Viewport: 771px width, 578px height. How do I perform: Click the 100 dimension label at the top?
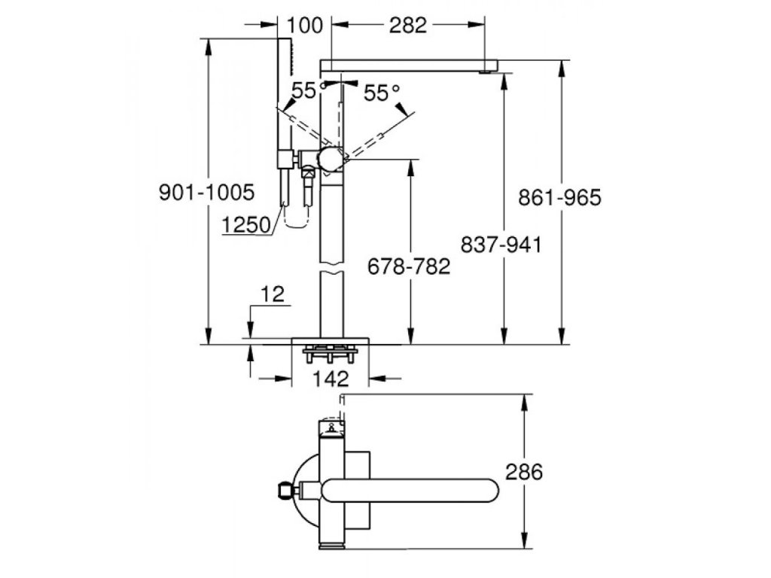[305, 25]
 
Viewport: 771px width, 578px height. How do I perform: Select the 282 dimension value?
[407, 25]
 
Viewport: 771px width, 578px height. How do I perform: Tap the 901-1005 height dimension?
[207, 192]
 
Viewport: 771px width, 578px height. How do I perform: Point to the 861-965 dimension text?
[559, 198]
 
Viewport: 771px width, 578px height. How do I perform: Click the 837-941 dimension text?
[501, 245]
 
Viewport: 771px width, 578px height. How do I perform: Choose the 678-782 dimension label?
[409, 266]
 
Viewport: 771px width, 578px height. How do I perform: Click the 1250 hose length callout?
[246, 225]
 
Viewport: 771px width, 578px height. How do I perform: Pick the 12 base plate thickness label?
[273, 294]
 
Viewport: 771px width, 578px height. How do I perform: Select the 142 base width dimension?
[331, 379]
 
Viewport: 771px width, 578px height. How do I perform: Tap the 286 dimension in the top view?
[524, 473]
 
